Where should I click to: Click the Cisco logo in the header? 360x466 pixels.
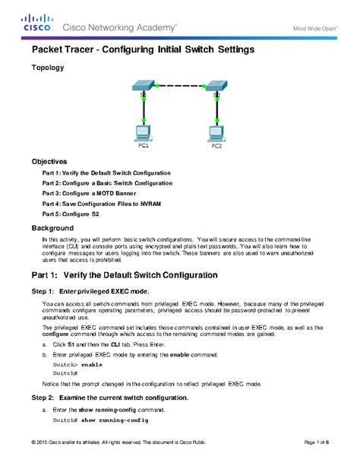coord(36,23)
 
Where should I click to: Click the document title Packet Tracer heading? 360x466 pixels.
coord(142,49)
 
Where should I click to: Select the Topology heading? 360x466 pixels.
coord(47,68)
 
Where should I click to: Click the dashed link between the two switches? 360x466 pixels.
coord(179,84)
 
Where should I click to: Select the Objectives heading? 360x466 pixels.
coord(49,162)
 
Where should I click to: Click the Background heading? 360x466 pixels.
coord(52,228)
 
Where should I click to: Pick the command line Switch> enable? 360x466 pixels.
coord(78,364)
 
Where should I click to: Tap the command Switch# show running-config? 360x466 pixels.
coord(100,420)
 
